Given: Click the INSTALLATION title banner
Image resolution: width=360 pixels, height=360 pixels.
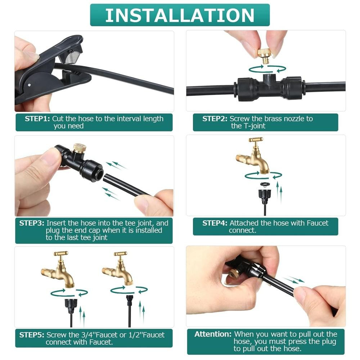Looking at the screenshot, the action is coord(180,15).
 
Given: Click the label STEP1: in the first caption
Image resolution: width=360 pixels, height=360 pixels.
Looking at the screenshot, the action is coord(37,119).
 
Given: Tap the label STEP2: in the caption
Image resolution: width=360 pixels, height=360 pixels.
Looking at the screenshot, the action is coord(215,119).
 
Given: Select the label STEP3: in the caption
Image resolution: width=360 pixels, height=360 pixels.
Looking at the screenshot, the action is coord(32,223).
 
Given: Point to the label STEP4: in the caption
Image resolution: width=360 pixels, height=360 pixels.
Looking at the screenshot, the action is coord(215,223).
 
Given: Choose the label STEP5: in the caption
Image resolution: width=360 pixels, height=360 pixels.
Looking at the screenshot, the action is coord(32,335).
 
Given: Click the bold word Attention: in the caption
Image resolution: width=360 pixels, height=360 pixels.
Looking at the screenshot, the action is coord(213,334).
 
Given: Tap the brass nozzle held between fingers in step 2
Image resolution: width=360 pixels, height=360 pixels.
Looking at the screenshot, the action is coord(264,56).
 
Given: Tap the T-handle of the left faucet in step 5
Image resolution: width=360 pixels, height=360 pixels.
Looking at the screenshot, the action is coord(61,253).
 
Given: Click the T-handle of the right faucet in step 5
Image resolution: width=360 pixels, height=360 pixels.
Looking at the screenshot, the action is coord(121,254).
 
